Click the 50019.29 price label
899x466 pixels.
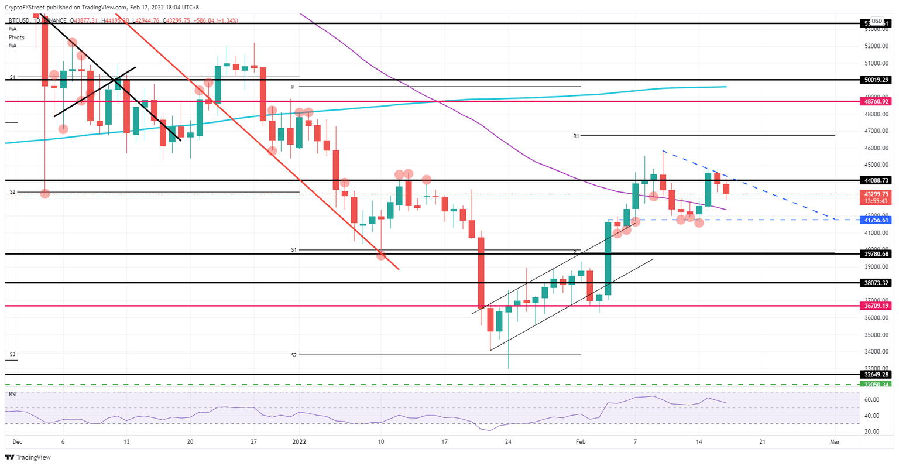tap(876, 80)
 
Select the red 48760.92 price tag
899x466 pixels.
tap(876, 101)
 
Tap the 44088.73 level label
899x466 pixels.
tap(876, 181)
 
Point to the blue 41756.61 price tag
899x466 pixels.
tap(876, 220)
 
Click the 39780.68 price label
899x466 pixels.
tap(876, 254)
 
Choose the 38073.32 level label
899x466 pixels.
tap(876, 283)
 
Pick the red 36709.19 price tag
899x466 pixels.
tap(876, 306)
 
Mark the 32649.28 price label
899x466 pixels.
tap(876, 374)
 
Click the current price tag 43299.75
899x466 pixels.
tap(876, 194)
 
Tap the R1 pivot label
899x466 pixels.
tap(576, 136)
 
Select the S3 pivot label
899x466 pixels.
tap(12, 354)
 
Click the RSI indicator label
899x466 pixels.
tap(12, 394)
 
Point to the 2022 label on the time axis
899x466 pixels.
tap(298, 443)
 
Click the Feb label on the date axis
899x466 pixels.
tap(581, 443)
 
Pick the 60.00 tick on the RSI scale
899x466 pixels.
tap(873, 400)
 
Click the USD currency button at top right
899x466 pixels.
tap(877, 21)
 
